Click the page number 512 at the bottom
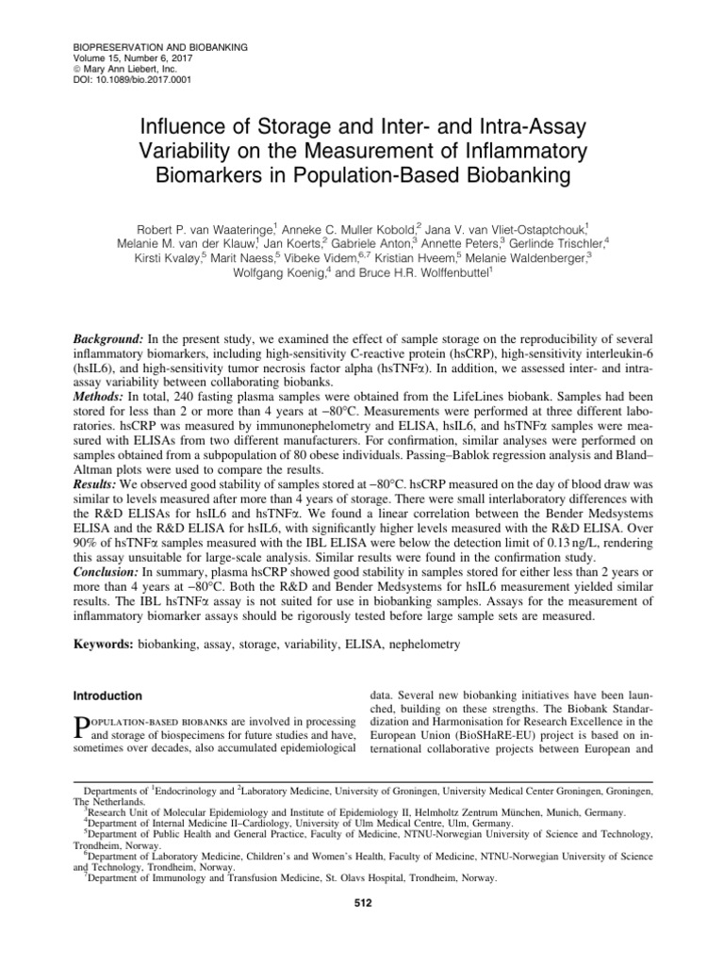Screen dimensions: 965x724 coord(362,905)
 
